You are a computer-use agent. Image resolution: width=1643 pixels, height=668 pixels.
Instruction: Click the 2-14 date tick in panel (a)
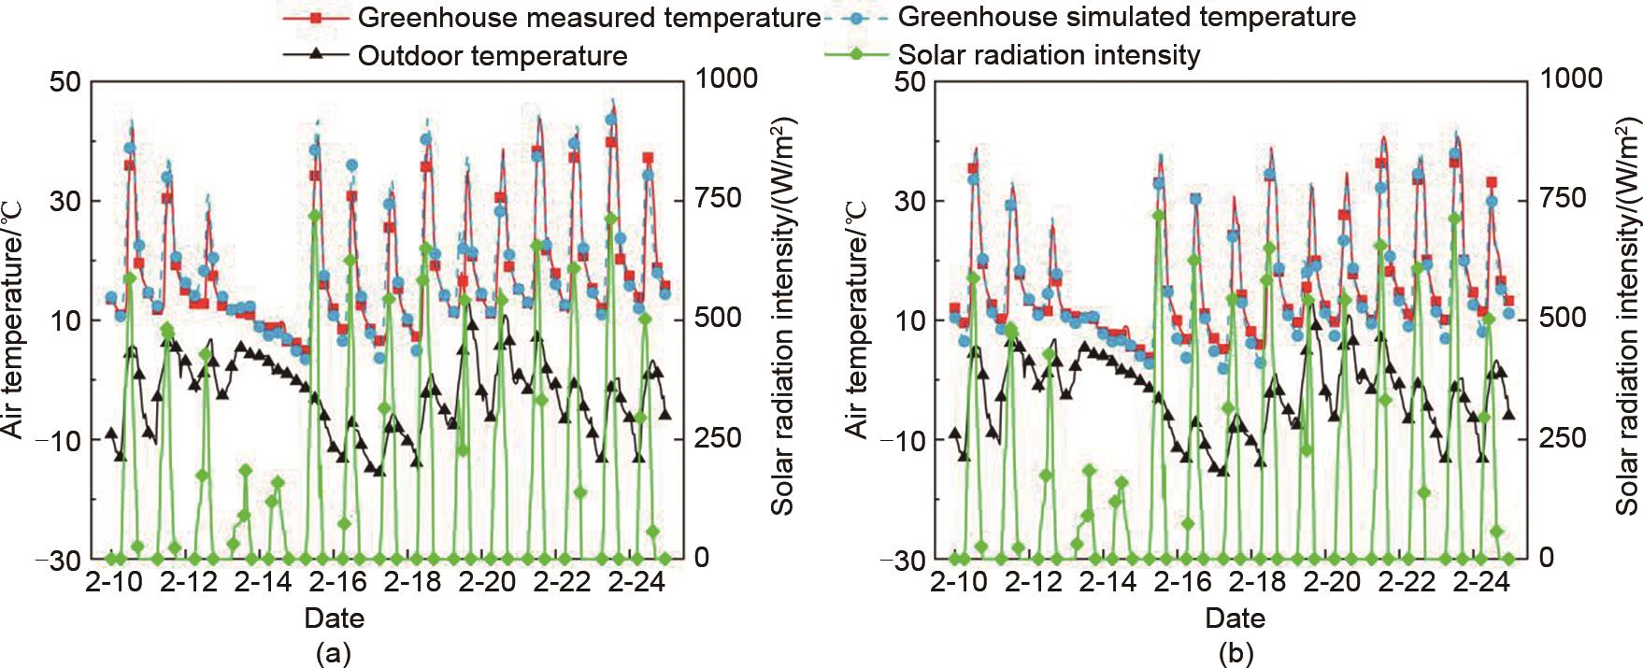coord(263,583)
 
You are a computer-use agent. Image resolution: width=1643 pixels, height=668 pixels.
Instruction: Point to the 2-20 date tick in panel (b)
coord(1332,583)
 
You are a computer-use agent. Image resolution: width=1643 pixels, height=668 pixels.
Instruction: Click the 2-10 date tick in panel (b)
coord(958,583)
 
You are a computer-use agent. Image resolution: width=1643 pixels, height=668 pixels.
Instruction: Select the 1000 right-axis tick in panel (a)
coord(727,78)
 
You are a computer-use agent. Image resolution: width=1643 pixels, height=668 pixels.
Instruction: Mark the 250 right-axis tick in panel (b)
coord(1563,438)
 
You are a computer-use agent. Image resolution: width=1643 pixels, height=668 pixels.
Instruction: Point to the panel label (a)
coord(334,653)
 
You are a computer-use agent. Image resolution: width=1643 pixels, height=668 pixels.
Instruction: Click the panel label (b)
coord(1235,653)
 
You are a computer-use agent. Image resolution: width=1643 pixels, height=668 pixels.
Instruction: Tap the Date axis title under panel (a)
coord(334,618)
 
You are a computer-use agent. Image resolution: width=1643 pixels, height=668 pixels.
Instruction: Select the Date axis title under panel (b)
coord(1235,618)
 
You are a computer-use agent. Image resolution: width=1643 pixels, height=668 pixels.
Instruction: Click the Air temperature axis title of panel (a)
coord(14,320)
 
